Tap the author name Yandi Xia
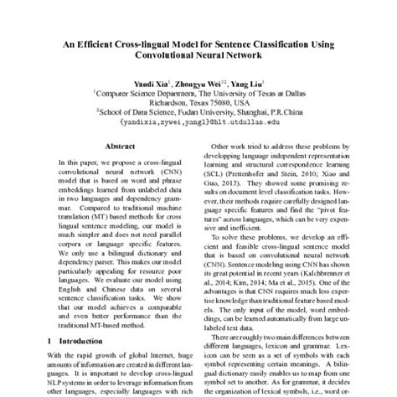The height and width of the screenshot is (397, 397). point(151,85)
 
